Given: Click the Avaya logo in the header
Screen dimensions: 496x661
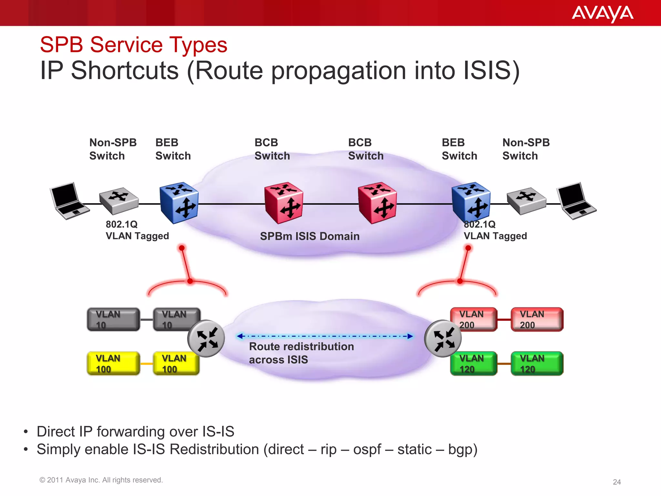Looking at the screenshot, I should (x=602, y=14).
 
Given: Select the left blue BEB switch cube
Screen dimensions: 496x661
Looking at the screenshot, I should (x=179, y=203).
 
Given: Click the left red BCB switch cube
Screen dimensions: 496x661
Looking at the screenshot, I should (x=283, y=203).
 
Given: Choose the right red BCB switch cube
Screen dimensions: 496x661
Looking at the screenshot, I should (x=377, y=203).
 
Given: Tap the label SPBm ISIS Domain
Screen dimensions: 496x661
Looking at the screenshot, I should (x=310, y=236).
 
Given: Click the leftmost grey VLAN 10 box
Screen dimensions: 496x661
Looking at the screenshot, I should (x=113, y=319).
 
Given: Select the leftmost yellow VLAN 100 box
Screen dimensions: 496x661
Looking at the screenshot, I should (x=113, y=364).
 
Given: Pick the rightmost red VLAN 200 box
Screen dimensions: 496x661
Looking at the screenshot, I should (x=537, y=319).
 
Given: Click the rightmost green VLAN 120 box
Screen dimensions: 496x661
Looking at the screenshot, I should (x=537, y=364).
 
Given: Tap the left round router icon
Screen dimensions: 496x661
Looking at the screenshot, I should (x=206, y=338).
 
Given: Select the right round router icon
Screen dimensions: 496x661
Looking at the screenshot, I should (x=443, y=338).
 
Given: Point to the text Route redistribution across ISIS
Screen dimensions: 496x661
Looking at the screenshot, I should (x=301, y=353).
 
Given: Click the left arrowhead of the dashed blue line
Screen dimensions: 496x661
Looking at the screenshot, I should (x=239, y=336).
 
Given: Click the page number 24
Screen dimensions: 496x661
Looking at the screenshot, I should (x=617, y=482).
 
